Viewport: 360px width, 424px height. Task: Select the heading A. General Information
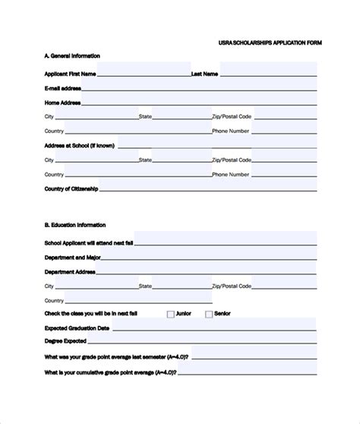[72, 56]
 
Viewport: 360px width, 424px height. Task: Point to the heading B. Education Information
[75, 225]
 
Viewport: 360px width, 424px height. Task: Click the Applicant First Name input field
[144, 73]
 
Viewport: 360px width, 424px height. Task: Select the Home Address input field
[198, 102]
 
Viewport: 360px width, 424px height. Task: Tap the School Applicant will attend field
[226, 243]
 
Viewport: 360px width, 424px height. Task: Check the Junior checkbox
[171, 314]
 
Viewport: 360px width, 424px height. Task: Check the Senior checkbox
[209, 314]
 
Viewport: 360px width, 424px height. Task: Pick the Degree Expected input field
[203, 342]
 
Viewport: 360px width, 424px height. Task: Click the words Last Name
[205, 74]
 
